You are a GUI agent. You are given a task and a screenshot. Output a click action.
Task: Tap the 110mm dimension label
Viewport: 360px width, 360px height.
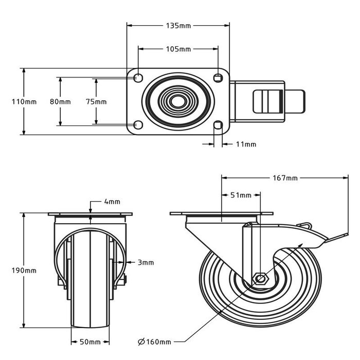[x=24, y=102]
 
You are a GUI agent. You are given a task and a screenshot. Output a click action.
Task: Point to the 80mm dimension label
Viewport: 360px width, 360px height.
[x=60, y=102]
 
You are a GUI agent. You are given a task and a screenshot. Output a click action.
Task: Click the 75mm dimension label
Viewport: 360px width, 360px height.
[x=96, y=102]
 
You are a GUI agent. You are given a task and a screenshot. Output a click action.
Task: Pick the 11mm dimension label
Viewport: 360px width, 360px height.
[x=246, y=145]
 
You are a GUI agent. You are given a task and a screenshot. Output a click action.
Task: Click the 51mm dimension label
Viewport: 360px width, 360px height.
[x=240, y=195]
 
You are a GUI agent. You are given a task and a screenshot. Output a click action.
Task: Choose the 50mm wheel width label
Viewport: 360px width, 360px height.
[x=89, y=341]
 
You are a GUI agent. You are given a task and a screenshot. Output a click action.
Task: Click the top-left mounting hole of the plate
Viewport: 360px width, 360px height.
[x=138, y=78]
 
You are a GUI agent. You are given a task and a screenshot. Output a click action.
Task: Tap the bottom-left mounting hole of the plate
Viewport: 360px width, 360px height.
[x=138, y=125]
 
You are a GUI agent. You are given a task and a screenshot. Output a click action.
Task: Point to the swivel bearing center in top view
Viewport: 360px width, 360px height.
[x=177, y=101]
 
